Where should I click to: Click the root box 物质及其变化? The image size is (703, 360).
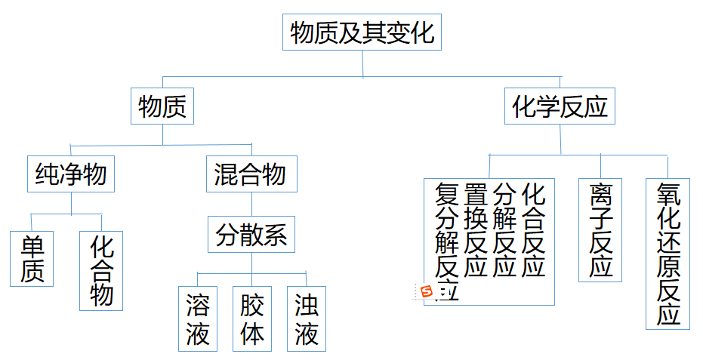point(362,33)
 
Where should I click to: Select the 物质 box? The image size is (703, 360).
point(162,107)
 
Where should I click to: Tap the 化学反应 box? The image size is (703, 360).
point(560,107)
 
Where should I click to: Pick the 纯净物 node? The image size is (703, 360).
point(71,175)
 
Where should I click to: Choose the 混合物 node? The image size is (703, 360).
point(251,175)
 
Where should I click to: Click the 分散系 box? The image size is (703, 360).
point(251,235)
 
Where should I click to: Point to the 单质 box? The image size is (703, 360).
point(32,259)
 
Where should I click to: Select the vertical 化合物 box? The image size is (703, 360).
point(101,270)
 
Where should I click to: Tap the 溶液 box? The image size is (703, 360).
point(197,318)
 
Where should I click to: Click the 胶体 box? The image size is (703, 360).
point(252,318)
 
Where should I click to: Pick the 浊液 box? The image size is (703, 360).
point(306,318)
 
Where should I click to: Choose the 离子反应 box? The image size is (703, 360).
point(601,230)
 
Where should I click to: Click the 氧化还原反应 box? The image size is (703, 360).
point(668,254)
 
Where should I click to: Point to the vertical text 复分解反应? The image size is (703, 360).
point(448,238)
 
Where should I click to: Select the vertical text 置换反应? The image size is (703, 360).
point(476,229)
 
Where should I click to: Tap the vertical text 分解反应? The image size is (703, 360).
point(504,229)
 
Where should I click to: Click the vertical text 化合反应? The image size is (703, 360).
point(533,229)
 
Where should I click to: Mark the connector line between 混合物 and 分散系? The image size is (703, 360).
point(251,204)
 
